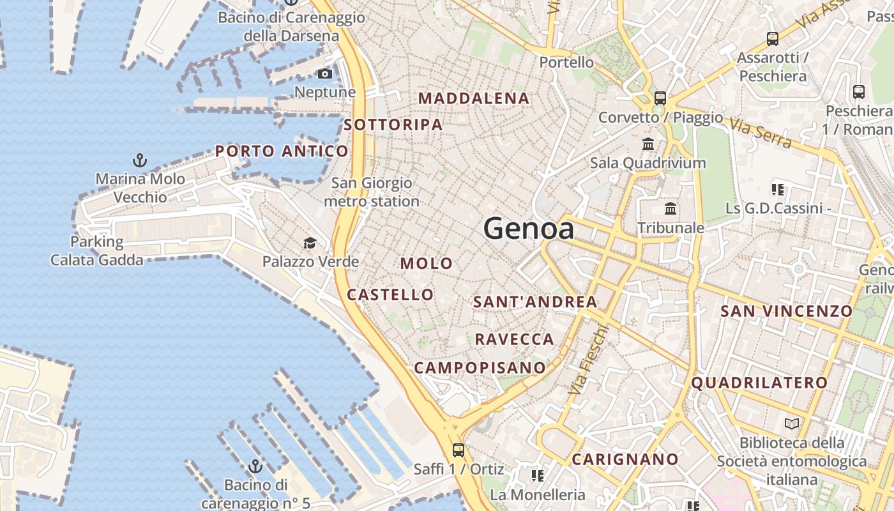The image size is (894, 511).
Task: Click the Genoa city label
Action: pyautogui.click(x=529, y=229)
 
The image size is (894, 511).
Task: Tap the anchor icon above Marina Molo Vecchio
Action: pyautogui.click(x=139, y=160)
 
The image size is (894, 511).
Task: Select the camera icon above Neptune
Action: pyautogui.click(x=325, y=73)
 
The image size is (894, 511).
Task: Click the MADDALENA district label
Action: pyautogui.click(x=474, y=98)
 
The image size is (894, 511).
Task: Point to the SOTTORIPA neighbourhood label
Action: pyautogui.click(x=393, y=125)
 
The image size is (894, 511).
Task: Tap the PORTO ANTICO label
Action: pyautogui.click(x=282, y=151)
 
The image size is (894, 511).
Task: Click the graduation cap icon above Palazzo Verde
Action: pyautogui.click(x=310, y=243)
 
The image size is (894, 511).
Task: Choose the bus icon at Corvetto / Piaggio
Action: pyautogui.click(x=660, y=98)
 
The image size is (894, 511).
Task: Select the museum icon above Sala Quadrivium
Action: pyautogui.click(x=648, y=144)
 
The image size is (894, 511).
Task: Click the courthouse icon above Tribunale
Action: pyautogui.click(x=670, y=208)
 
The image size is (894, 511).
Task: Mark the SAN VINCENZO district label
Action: pyautogui.click(x=787, y=311)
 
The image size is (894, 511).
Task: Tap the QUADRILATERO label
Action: pyautogui.click(x=760, y=383)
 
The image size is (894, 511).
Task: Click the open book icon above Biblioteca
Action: pyautogui.click(x=792, y=423)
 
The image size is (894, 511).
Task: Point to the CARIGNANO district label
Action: pyautogui.click(x=625, y=459)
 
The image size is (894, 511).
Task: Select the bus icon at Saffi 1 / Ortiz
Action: pyautogui.click(x=458, y=450)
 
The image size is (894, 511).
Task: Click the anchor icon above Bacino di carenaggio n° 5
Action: pyautogui.click(x=255, y=466)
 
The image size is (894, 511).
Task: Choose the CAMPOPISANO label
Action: pyautogui.click(x=480, y=368)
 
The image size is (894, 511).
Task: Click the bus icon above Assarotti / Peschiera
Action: pyautogui.click(x=773, y=39)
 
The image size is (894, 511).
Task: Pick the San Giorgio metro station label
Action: pyautogui.click(x=372, y=192)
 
